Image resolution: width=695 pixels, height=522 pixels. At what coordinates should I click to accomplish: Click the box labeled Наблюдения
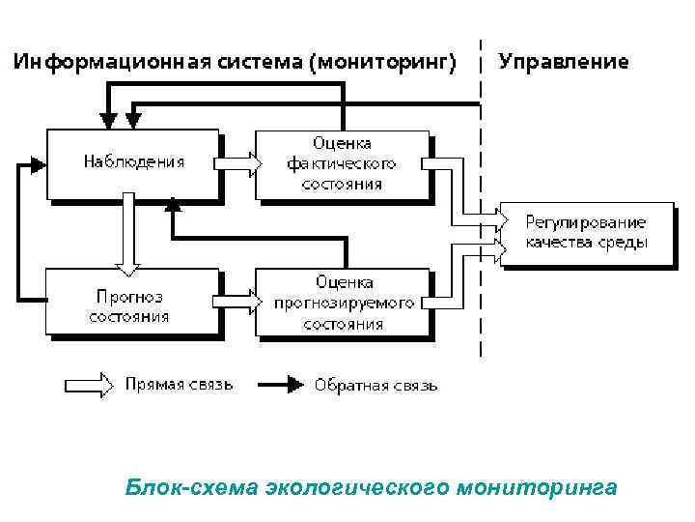133,162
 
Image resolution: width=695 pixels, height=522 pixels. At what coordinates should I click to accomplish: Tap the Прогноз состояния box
133,302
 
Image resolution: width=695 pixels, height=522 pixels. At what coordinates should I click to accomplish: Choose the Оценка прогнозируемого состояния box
343,302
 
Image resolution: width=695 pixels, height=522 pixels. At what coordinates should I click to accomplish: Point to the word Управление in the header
564,62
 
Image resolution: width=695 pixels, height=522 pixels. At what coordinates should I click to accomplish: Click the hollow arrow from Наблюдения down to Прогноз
126,232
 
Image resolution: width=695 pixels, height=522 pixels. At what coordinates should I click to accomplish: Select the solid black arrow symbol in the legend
278,385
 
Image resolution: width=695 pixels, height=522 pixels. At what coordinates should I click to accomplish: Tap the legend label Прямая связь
179,385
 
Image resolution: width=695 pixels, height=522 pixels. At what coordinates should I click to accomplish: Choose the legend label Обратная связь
375,385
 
